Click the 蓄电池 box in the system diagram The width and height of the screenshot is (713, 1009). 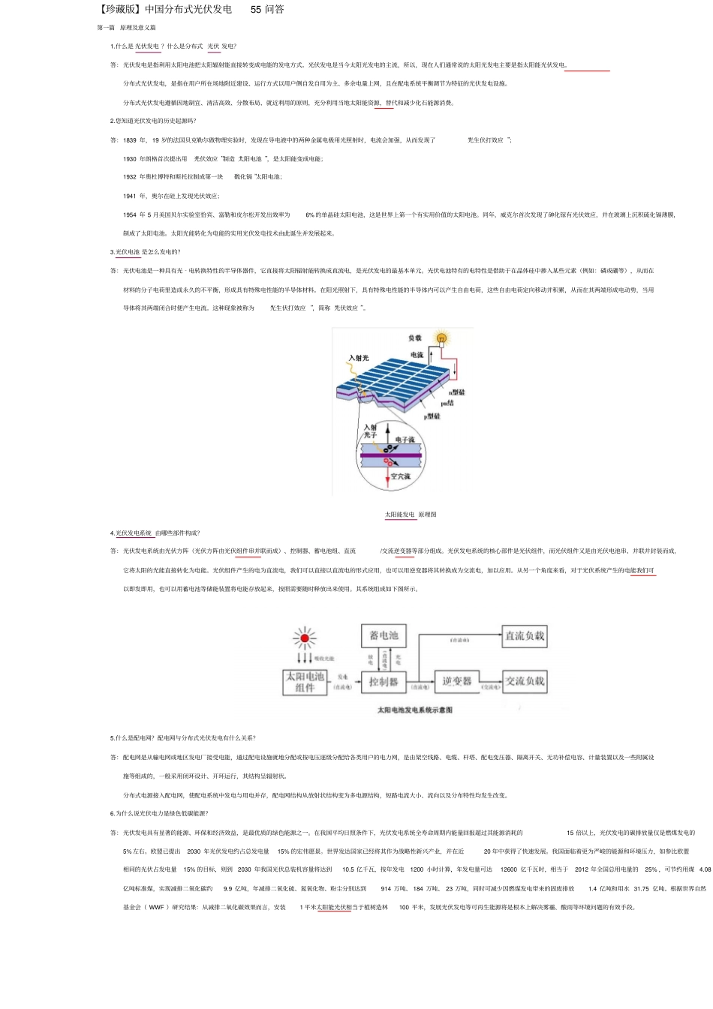point(384,635)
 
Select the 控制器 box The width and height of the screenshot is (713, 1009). point(384,681)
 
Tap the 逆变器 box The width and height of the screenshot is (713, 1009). point(456,681)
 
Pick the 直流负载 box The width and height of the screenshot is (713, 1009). point(525,635)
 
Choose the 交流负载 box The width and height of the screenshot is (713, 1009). point(525,681)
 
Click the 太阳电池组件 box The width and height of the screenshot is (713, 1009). point(305,681)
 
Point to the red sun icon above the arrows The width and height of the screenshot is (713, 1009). point(305,638)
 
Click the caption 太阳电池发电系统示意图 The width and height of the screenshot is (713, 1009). point(414,710)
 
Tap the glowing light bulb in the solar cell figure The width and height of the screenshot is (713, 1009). point(442,339)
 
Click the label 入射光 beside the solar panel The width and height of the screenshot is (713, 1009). point(359,358)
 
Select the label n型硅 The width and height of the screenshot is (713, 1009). point(457,392)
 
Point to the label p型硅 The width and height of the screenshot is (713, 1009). point(432,416)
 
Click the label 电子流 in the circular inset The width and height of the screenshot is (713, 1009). point(405,440)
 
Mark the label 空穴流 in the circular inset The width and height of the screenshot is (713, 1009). point(400,476)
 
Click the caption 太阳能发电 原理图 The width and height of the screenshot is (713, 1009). point(411,515)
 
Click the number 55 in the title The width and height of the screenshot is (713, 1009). point(256,10)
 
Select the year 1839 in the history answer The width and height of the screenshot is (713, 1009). point(130,140)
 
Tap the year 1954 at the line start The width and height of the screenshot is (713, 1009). point(130,215)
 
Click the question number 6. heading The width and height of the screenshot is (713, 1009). point(113,813)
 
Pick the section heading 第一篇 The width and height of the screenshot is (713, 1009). point(106,28)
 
